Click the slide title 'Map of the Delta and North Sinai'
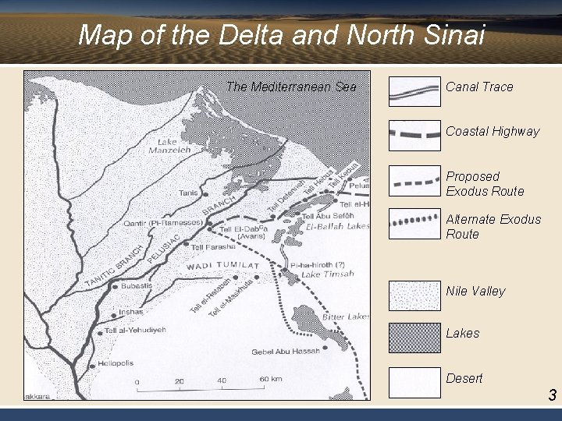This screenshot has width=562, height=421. coord(281,35)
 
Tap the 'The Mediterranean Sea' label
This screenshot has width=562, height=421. coord(290,87)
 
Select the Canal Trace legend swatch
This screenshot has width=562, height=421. coord(414,92)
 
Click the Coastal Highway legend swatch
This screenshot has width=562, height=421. coord(414,134)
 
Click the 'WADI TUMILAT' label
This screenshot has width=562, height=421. coord(222,267)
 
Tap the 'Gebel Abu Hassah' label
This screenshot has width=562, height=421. coord(287,351)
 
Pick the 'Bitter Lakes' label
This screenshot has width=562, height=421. coord(347,317)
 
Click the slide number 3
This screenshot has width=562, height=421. coord(551,395)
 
